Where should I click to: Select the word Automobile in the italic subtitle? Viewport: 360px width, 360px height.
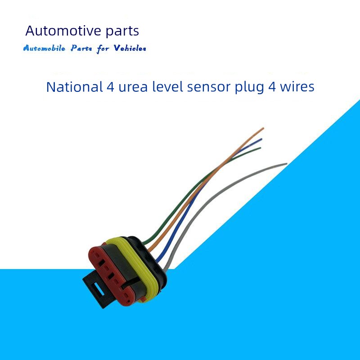44,48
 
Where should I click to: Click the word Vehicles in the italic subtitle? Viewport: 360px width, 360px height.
130,48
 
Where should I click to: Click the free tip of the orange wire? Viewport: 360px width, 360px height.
263,128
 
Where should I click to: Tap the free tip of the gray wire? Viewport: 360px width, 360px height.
286,164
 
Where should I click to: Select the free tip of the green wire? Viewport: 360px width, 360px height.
260,148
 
